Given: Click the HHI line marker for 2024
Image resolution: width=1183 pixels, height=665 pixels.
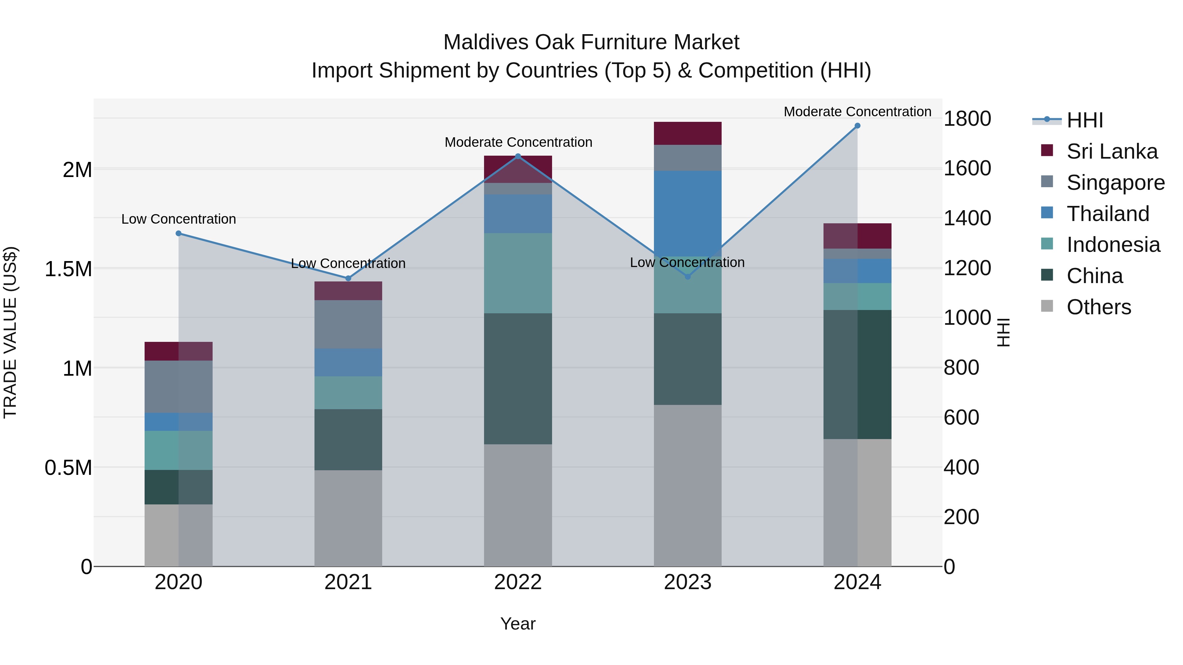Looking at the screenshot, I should point(857,126).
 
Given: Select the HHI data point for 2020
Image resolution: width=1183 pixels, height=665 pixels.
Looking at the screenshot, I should point(179,233).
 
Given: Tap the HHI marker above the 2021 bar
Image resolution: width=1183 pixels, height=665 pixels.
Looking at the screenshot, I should point(348,278).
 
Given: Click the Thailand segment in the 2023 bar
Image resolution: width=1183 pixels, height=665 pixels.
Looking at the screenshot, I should point(687,213).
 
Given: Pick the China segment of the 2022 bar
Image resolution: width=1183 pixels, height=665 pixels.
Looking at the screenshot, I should point(518,379).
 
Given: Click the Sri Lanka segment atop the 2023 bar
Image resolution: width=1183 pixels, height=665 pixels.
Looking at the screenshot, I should point(687,134).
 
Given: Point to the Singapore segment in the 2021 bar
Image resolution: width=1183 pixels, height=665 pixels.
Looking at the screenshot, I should point(348,324).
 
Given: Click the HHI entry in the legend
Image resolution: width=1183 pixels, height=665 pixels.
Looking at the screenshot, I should point(1084,120).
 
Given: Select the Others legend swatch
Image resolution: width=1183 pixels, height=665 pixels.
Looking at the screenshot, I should point(1047,306).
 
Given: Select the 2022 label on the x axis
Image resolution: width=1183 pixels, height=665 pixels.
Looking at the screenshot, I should point(518,582).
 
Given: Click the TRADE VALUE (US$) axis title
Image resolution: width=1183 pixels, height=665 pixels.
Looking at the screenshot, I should point(10,332).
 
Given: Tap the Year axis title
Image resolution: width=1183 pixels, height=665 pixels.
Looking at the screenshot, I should point(518,624).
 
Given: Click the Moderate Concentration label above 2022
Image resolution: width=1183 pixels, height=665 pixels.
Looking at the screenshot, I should point(518,142).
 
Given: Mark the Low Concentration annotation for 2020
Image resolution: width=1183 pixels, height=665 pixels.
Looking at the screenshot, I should point(179,219).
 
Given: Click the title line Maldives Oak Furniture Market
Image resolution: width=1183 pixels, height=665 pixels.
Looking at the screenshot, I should point(591,42).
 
